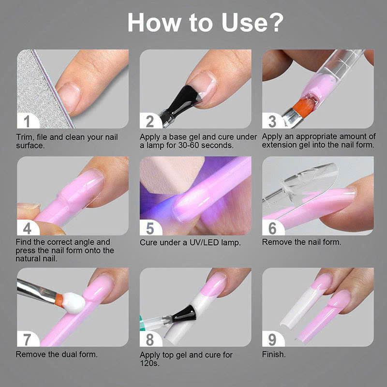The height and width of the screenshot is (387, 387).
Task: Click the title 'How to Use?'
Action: click(x=205, y=22)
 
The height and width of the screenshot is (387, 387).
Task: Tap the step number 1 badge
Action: click(x=27, y=121)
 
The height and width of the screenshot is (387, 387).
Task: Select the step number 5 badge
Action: click(x=150, y=228)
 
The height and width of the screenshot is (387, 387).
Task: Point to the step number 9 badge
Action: click(x=272, y=340)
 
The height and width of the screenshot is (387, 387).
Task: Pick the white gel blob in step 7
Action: click(x=74, y=303)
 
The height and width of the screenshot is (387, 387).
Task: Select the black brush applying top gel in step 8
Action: click(x=185, y=313)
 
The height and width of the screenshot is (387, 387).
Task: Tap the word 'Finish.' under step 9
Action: click(x=274, y=355)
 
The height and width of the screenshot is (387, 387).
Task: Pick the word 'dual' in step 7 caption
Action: click(x=69, y=355)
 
